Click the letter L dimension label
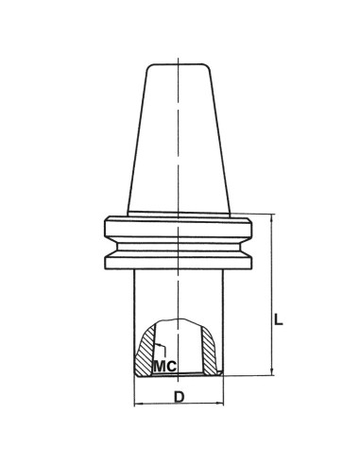(x=279, y=319)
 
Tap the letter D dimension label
(x=179, y=398)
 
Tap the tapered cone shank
(x=180, y=142)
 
